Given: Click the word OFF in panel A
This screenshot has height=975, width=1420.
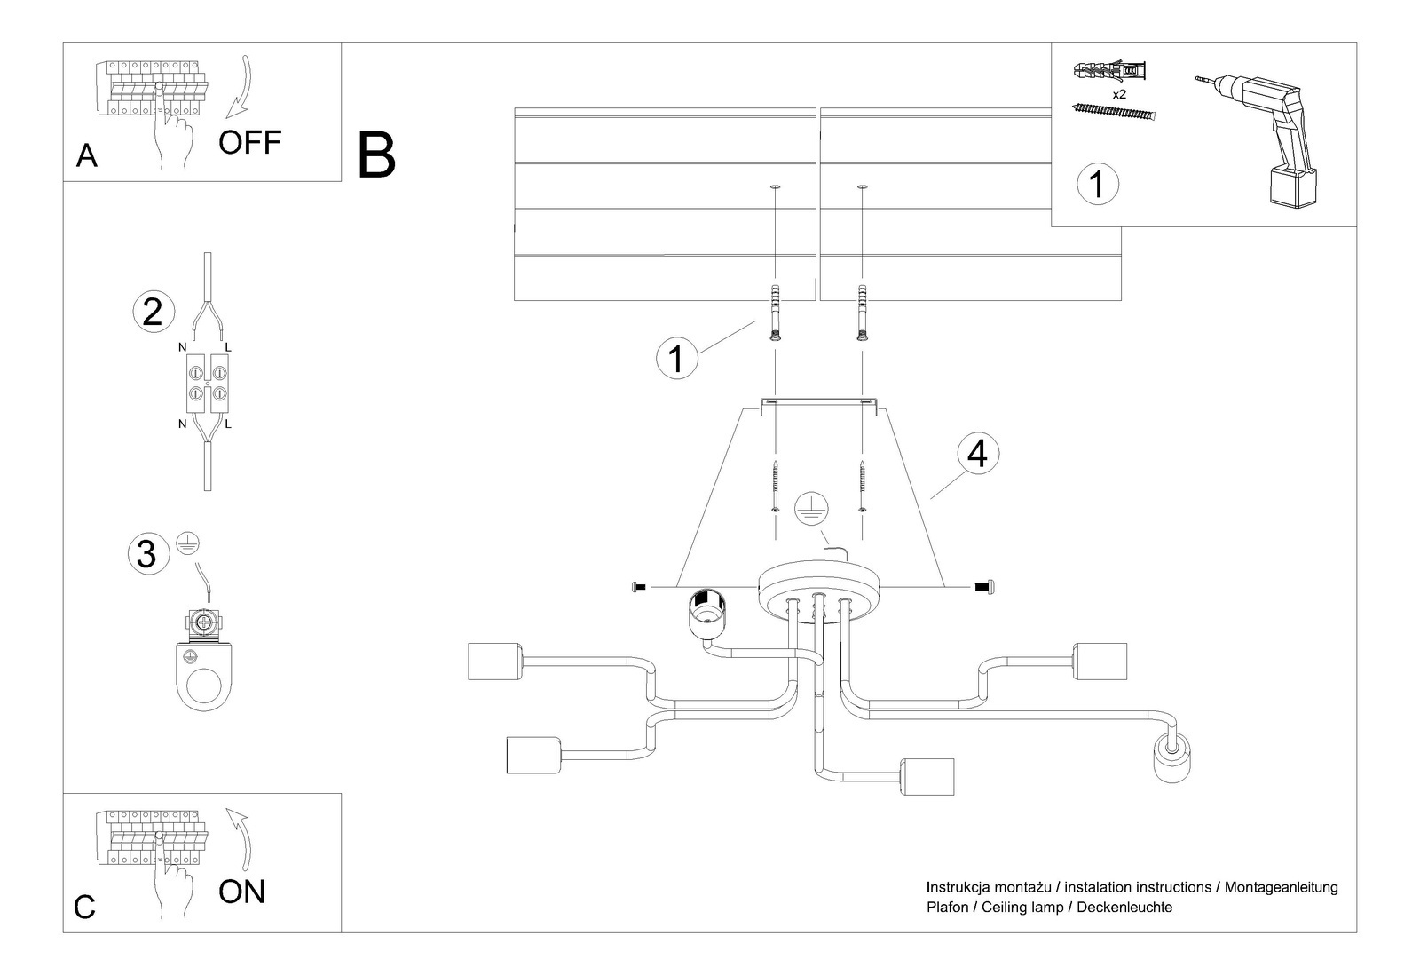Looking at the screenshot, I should coord(249,142).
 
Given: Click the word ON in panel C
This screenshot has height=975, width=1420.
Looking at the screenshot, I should coord(241,891).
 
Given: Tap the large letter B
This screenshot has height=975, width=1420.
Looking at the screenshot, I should coord(376,155).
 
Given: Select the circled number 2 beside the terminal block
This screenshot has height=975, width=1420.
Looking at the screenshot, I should coord(152,312).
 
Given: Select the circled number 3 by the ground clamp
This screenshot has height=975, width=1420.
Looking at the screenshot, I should coord(146,553).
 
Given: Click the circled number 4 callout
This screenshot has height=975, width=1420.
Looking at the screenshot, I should coord(977,453).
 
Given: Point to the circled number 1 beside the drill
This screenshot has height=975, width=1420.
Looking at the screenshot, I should coord(1097,184).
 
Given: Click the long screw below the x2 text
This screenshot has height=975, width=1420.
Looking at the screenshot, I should coord(1116,111).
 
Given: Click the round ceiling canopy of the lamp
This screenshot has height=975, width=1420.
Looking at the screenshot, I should coord(818,587).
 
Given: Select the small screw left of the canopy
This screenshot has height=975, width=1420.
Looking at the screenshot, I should coord(638,587).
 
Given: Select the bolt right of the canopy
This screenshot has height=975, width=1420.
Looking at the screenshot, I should coord(987,587).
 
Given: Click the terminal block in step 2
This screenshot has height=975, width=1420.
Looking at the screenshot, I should coord(206,382).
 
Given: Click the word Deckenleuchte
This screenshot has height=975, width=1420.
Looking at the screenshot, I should coord(1124,907).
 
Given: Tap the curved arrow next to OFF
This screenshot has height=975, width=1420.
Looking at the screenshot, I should coord(240,89).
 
